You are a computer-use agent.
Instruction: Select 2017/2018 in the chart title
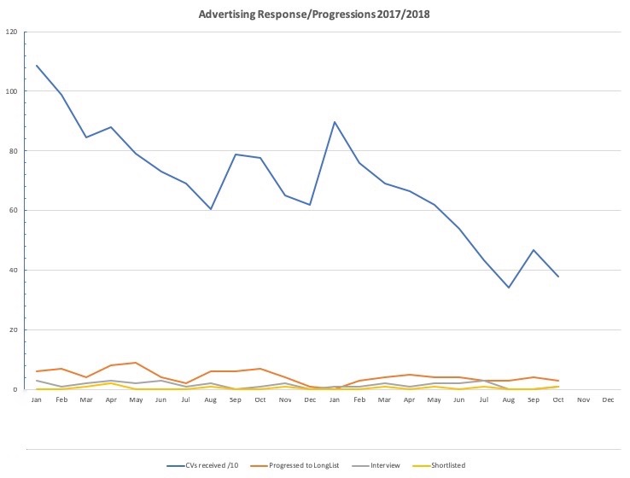402,15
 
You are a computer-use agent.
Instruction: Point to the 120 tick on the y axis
12,32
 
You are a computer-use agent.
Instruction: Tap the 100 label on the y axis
12,91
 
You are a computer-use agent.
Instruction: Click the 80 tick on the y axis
14,151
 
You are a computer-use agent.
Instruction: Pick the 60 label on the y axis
14,211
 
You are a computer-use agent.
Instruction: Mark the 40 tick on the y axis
14,271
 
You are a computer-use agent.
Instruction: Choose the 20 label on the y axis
14,330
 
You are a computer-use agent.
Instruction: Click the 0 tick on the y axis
16,390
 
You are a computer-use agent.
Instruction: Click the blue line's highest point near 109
37,65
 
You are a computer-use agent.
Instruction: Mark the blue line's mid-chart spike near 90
334,122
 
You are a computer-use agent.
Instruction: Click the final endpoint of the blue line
558,277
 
